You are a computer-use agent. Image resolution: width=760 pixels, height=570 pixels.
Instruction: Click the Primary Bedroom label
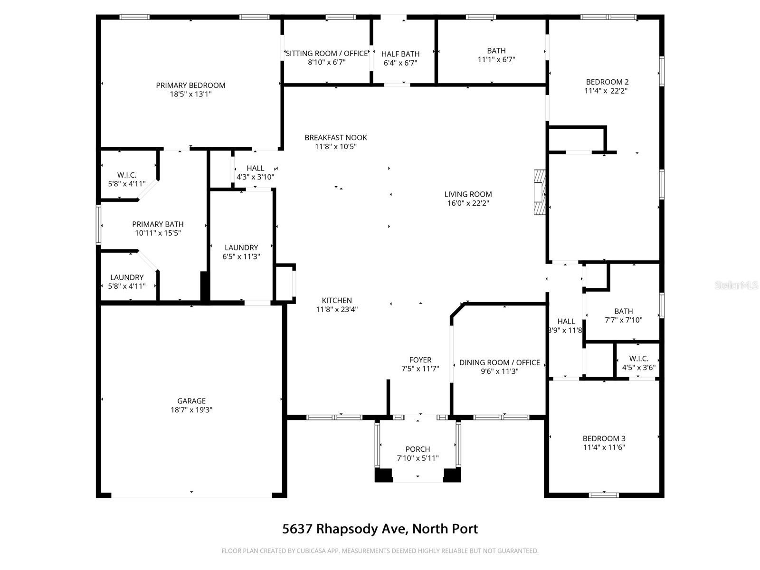(x=190, y=85)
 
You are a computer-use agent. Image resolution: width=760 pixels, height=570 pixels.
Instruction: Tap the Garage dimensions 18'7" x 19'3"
(x=191, y=410)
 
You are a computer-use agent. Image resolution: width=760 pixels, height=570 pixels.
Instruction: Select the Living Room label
(x=468, y=194)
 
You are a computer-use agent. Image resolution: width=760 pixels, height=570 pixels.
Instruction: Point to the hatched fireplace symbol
(x=540, y=192)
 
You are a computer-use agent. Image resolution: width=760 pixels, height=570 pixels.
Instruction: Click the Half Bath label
(x=400, y=54)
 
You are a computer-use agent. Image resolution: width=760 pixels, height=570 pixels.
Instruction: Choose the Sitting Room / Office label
(x=326, y=53)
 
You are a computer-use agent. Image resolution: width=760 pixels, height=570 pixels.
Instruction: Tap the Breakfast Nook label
(x=336, y=137)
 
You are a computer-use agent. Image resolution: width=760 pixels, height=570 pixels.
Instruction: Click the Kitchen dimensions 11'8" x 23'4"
(x=337, y=309)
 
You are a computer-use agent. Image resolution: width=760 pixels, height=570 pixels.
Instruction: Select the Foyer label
(x=420, y=360)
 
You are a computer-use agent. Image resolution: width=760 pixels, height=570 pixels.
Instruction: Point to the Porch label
(x=418, y=449)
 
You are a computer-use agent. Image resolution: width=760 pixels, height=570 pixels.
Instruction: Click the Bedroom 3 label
(x=604, y=438)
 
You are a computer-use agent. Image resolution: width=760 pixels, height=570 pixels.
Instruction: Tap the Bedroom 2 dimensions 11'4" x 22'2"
(x=606, y=91)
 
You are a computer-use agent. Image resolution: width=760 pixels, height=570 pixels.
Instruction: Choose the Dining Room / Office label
(x=500, y=362)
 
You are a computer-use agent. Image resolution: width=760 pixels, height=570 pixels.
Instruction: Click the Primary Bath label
(x=158, y=224)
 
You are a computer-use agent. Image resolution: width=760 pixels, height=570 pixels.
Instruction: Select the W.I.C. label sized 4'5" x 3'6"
(x=639, y=359)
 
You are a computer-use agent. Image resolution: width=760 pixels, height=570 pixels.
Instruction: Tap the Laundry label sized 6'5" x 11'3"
(x=241, y=248)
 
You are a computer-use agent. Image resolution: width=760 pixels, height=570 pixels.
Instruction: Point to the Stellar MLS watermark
(x=736, y=285)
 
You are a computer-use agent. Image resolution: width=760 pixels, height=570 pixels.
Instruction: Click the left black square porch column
(x=383, y=475)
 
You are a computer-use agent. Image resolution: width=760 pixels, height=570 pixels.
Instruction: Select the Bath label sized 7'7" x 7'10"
(x=623, y=311)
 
